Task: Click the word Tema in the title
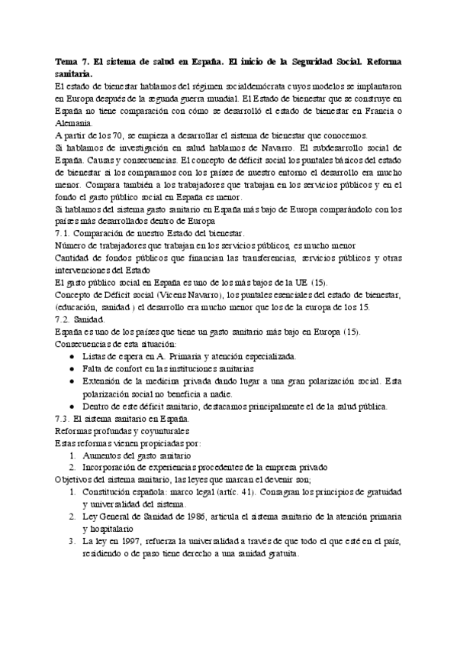pos(69,62)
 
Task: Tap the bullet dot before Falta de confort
pos(72,368)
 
